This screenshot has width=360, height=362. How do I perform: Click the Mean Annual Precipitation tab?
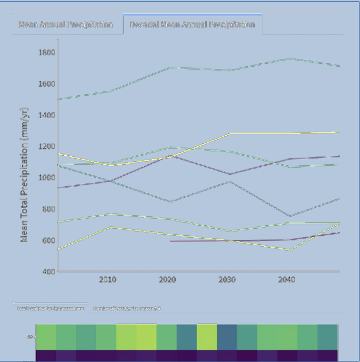click(66, 25)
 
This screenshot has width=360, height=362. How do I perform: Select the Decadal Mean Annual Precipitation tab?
click(192, 25)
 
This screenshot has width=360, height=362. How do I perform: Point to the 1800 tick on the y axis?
click(47, 52)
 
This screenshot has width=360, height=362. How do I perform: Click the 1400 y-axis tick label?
click(47, 115)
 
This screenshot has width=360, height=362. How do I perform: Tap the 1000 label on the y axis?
click(47, 177)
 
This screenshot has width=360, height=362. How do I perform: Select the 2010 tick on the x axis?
click(108, 280)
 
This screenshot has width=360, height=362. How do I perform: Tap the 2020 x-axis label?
click(168, 280)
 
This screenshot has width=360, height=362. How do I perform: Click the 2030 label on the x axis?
click(227, 280)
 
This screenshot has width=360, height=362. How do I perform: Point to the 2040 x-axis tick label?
click(287, 280)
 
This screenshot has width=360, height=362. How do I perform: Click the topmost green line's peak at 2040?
click(289, 59)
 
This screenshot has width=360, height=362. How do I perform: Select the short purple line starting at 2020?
click(200, 241)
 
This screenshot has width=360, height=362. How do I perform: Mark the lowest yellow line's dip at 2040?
click(289, 250)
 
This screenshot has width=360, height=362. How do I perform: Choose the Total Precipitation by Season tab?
click(50, 308)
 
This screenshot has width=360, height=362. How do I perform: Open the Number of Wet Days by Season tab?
click(127, 308)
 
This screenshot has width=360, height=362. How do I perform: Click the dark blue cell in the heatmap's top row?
click(227, 337)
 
